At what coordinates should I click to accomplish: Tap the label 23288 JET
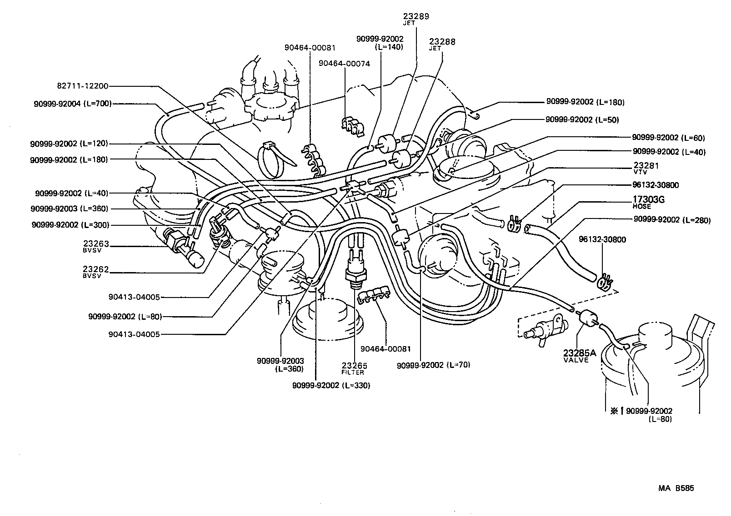[x=442, y=44]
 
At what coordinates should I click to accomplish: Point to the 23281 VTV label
[x=646, y=168]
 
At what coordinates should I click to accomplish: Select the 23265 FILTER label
[x=354, y=368]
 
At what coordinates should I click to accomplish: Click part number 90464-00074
[x=344, y=64]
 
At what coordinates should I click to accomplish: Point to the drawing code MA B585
[x=676, y=489]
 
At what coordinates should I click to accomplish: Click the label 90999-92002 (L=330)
[x=331, y=386]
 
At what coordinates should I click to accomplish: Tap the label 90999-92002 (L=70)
[x=433, y=365]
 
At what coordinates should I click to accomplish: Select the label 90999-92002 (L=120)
[x=69, y=144]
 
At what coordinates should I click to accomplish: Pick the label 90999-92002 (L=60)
[x=669, y=138]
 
